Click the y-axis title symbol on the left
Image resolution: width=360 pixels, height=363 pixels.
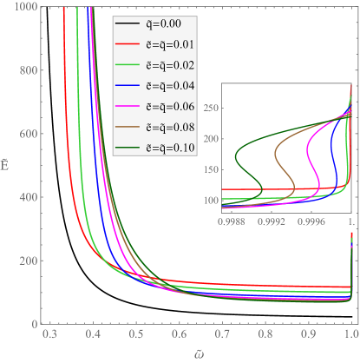coord(6,161)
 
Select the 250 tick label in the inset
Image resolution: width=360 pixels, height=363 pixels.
coord(212,107)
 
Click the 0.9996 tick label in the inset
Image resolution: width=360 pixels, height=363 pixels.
coord(311,221)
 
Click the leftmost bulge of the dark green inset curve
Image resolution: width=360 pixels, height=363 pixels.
coord(237,157)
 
